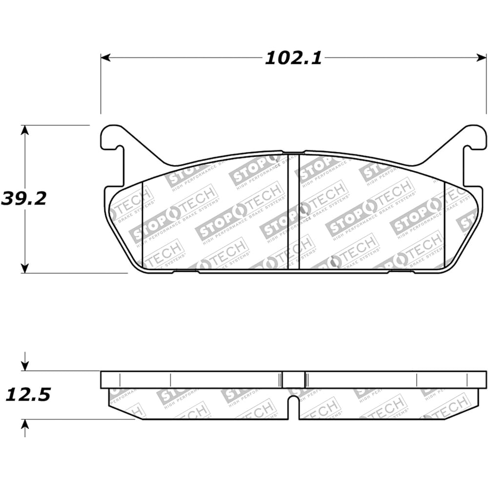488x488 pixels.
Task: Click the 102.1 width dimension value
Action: click(x=293, y=58)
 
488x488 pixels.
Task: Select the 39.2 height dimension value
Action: click(x=23, y=199)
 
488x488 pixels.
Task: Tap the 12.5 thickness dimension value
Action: click(x=28, y=394)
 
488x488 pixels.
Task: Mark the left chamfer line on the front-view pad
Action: click(x=142, y=224)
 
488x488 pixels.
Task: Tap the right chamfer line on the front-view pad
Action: click(x=445, y=224)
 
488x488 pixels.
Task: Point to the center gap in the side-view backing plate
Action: click(x=294, y=379)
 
